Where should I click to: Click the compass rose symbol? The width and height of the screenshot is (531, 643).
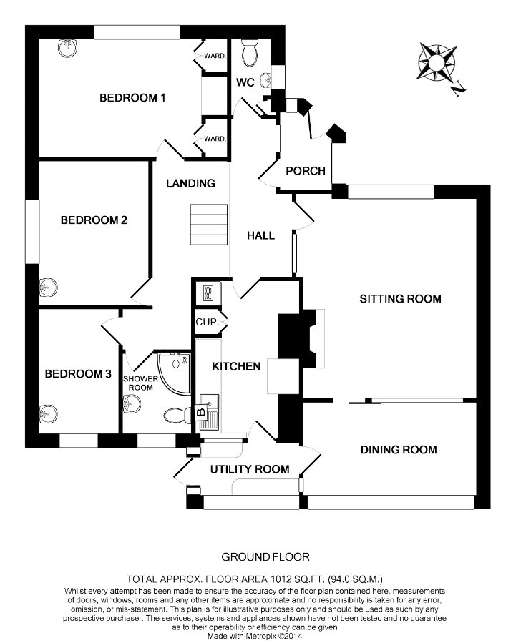pyautogui.click(x=437, y=63)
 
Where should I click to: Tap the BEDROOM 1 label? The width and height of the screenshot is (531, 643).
pyautogui.click(x=132, y=97)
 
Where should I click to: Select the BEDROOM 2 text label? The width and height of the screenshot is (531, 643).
pyautogui.click(x=94, y=220)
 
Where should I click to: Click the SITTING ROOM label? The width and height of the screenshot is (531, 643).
pyautogui.click(x=400, y=298)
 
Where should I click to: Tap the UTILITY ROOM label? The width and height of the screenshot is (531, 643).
pyautogui.click(x=249, y=469)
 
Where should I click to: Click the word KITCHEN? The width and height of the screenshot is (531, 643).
pyautogui.click(x=235, y=366)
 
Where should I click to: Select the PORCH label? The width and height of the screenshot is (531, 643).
pyautogui.click(x=306, y=171)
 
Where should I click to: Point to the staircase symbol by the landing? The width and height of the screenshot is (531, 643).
pyautogui.click(x=208, y=224)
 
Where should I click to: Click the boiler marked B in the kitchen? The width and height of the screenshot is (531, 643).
pyautogui.click(x=201, y=412)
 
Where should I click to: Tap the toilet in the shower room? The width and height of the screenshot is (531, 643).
pyautogui.click(x=175, y=414)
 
